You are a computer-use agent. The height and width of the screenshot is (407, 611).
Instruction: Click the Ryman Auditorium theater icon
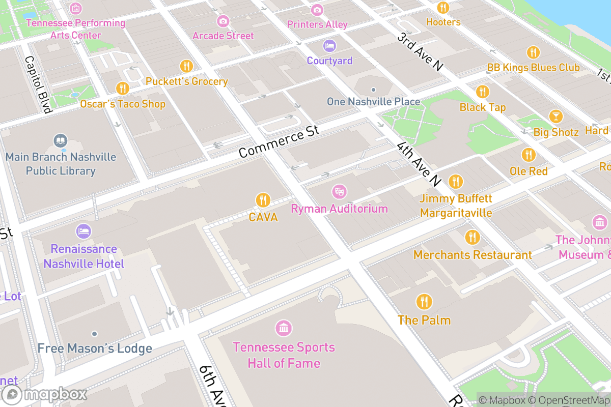click(339, 192)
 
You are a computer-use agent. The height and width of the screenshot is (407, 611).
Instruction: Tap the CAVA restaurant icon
click(263, 200)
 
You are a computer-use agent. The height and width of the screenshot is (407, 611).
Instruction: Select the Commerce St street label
click(279, 141)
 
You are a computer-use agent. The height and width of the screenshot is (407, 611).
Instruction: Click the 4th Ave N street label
click(419, 164)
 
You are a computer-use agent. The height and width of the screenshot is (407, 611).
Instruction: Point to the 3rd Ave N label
click(421, 52)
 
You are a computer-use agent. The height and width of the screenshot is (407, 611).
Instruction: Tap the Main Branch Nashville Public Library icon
click(61, 140)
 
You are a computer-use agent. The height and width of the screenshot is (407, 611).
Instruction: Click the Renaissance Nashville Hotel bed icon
click(84, 231)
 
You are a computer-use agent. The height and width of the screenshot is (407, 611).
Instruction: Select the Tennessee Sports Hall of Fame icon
click(284, 328)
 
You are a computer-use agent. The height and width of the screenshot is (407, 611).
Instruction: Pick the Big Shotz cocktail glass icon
click(556, 116)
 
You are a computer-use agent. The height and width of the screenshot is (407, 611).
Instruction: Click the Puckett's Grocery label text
click(186, 81)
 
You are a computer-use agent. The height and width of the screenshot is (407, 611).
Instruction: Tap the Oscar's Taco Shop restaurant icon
click(122, 88)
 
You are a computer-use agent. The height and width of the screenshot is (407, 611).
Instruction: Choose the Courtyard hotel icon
click(329, 46)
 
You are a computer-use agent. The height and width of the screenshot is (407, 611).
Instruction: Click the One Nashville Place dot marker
click(373, 90)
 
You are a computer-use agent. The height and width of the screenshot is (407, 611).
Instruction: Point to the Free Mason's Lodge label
click(95, 348)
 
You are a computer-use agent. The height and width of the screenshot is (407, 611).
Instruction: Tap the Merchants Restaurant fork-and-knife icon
click(473, 237)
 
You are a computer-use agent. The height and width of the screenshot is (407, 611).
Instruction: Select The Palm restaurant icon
click(424, 302)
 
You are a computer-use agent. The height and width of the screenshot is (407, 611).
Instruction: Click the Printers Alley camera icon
click(317, 10)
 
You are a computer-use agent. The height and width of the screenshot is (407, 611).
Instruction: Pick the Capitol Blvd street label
click(38, 84)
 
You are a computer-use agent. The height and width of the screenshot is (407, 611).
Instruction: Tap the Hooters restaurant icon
click(443, 8)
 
